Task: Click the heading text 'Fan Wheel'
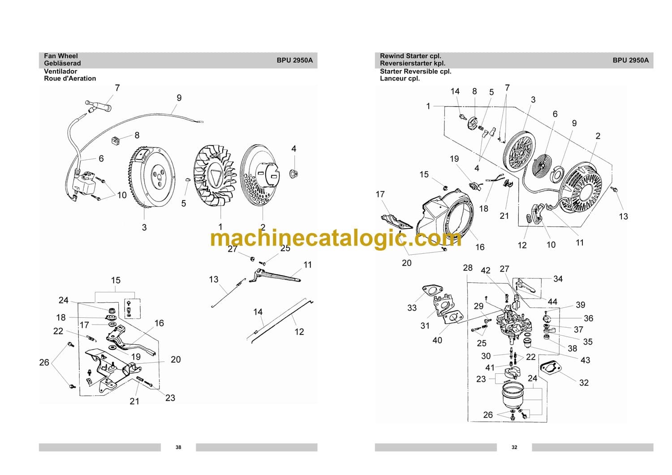tap(60, 56)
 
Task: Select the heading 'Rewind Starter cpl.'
tap(410, 56)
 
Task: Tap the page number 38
tap(178, 447)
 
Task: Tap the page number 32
tap(514, 447)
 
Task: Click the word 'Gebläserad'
tap(62, 63)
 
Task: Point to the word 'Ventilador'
tap(60, 71)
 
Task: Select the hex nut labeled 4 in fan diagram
tap(294, 173)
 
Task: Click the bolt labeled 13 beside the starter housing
tap(615, 190)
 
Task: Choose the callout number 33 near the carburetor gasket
tap(412, 308)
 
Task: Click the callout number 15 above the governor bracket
tap(116, 280)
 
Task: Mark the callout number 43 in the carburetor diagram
tap(585, 360)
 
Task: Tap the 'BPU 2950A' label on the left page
tap(294, 60)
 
